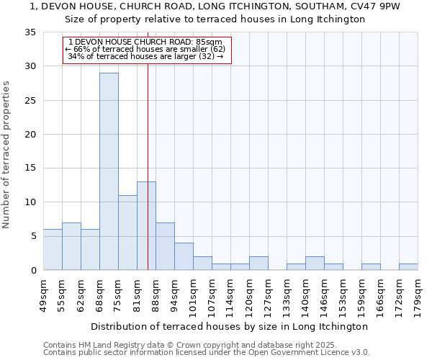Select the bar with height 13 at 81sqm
(146, 226)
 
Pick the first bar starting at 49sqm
(53, 250)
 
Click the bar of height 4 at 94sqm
(184, 256)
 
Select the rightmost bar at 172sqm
(408, 266)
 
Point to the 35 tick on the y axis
(31, 32)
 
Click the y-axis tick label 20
(31, 135)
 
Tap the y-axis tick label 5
(34, 236)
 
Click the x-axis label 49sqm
(43, 294)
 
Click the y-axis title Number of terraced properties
(6, 154)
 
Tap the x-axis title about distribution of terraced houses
(230, 326)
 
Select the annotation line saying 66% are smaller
(145, 49)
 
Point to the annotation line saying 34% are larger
(145, 56)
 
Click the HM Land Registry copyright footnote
(189, 345)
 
